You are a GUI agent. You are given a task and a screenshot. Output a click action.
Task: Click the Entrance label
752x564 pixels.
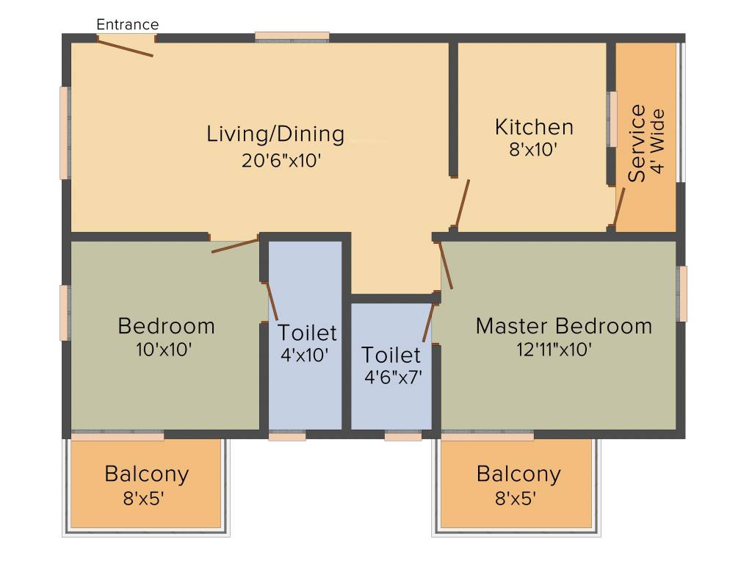(x=128, y=24)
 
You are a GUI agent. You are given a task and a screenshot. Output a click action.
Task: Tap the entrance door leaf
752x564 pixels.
(x=125, y=47)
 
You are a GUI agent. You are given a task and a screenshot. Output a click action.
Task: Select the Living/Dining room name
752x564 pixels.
(x=275, y=134)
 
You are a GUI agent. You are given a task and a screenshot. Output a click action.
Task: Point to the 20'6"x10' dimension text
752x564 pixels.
(x=282, y=160)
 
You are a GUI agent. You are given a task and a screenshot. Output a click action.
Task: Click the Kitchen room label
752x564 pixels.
(x=534, y=127)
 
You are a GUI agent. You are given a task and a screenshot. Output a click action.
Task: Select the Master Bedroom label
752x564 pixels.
(x=563, y=325)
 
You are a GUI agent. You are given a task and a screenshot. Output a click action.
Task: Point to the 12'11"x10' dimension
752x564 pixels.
(x=554, y=349)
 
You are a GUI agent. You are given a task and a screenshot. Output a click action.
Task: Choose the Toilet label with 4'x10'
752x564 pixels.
(x=307, y=333)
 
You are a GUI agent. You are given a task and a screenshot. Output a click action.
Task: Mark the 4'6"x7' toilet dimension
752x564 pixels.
(x=393, y=377)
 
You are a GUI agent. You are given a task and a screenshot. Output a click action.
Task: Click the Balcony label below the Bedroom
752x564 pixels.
(x=146, y=474)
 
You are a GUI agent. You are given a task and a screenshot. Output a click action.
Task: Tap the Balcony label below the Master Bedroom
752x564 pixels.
(x=518, y=474)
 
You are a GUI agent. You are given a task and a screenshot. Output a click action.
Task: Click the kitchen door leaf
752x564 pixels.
(x=462, y=203)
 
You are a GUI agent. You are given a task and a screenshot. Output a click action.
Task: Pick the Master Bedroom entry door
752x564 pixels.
(x=446, y=264)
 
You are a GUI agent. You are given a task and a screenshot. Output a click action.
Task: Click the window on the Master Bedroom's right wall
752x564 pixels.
(x=682, y=294)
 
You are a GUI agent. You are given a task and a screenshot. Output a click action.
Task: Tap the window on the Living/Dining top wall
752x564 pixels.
(x=292, y=35)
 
